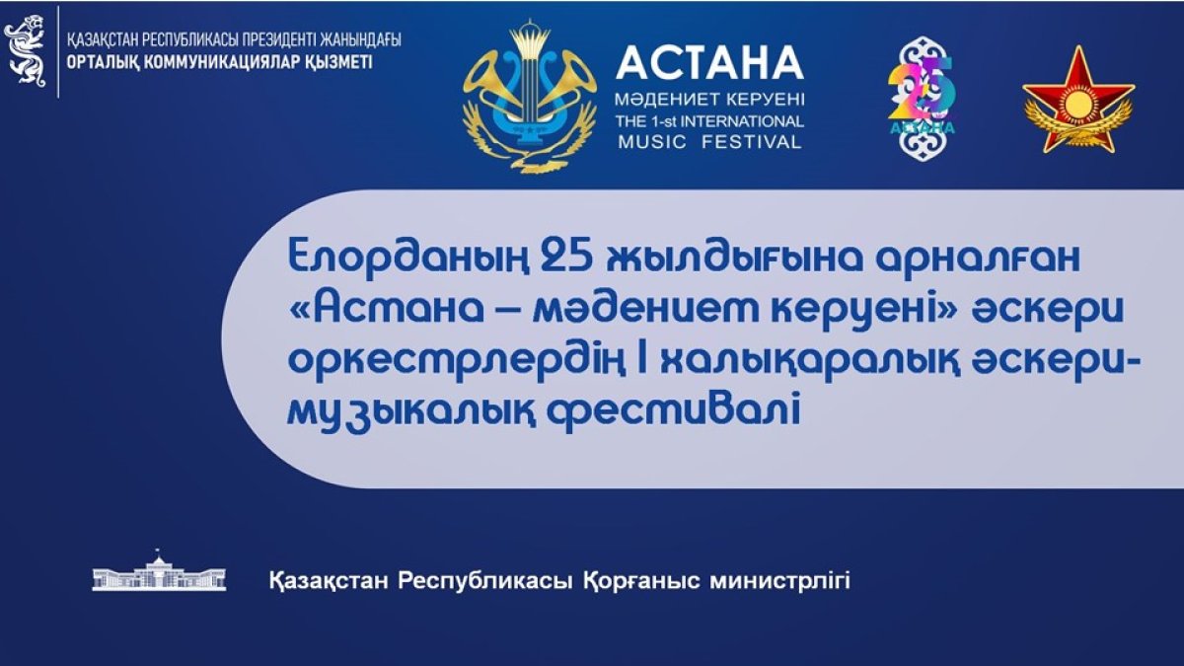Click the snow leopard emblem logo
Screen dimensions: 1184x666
point(25,51)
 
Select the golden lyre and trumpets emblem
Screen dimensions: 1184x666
point(530,98)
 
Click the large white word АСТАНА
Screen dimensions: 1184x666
point(709,62)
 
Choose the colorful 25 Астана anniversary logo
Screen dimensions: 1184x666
point(923,99)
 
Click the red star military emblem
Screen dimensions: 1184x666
point(1078,101)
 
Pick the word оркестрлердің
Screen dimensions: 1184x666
point(456,364)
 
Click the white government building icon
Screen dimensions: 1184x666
point(159,571)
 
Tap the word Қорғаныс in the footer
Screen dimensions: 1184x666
point(641,582)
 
